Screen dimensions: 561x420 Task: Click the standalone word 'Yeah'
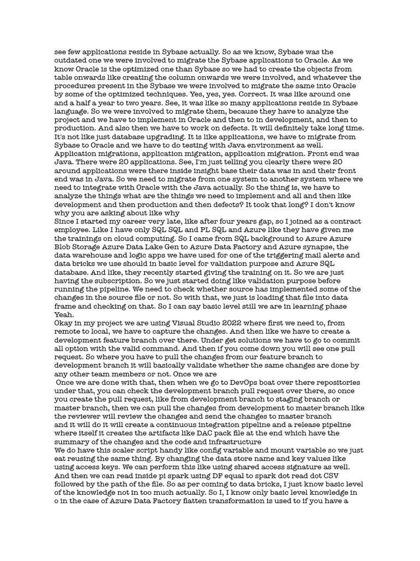click(x=63, y=315)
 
